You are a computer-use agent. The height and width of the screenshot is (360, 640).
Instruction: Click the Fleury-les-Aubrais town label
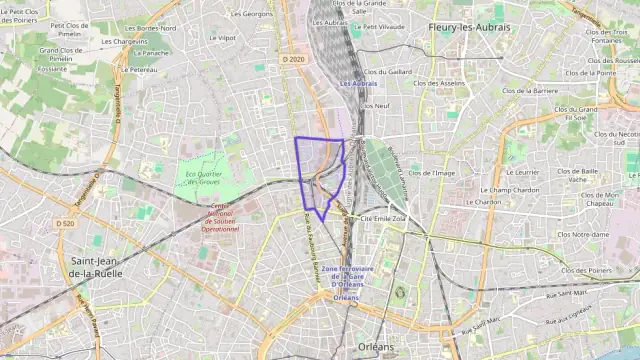pyautogui.click(x=468, y=27)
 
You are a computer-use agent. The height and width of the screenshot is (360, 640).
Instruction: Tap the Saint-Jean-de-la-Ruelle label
pyautogui.click(x=97, y=265)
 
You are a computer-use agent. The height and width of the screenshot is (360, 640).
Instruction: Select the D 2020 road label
pyautogui.click(x=292, y=59)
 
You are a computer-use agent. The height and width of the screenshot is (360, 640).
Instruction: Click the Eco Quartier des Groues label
pyautogui.click(x=203, y=180)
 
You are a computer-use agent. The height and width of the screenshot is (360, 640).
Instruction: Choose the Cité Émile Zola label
pyautogui.click(x=383, y=217)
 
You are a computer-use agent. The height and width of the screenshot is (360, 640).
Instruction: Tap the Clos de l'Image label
pyautogui.click(x=431, y=173)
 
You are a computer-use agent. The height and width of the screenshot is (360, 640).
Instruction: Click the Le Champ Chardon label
pyautogui.click(x=510, y=189)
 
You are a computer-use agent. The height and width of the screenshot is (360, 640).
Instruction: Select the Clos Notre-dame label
pyautogui.click(x=582, y=235)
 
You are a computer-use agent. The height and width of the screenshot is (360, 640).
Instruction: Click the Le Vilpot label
pyautogui.click(x=223, y=38)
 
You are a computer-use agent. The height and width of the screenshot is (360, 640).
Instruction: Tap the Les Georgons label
pyautogui.click(x=252, y=14)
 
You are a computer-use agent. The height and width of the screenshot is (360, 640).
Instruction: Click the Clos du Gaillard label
pyautogui.click(x=387, y=72)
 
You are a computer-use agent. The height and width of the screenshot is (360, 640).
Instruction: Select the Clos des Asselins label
pyautogui.click(x=439, y=83)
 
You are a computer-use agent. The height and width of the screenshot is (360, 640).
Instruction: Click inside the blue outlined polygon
pyautogui.click(x=318, y=160)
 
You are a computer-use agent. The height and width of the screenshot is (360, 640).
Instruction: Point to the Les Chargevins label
pyautogui.click(x=124, y=43)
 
